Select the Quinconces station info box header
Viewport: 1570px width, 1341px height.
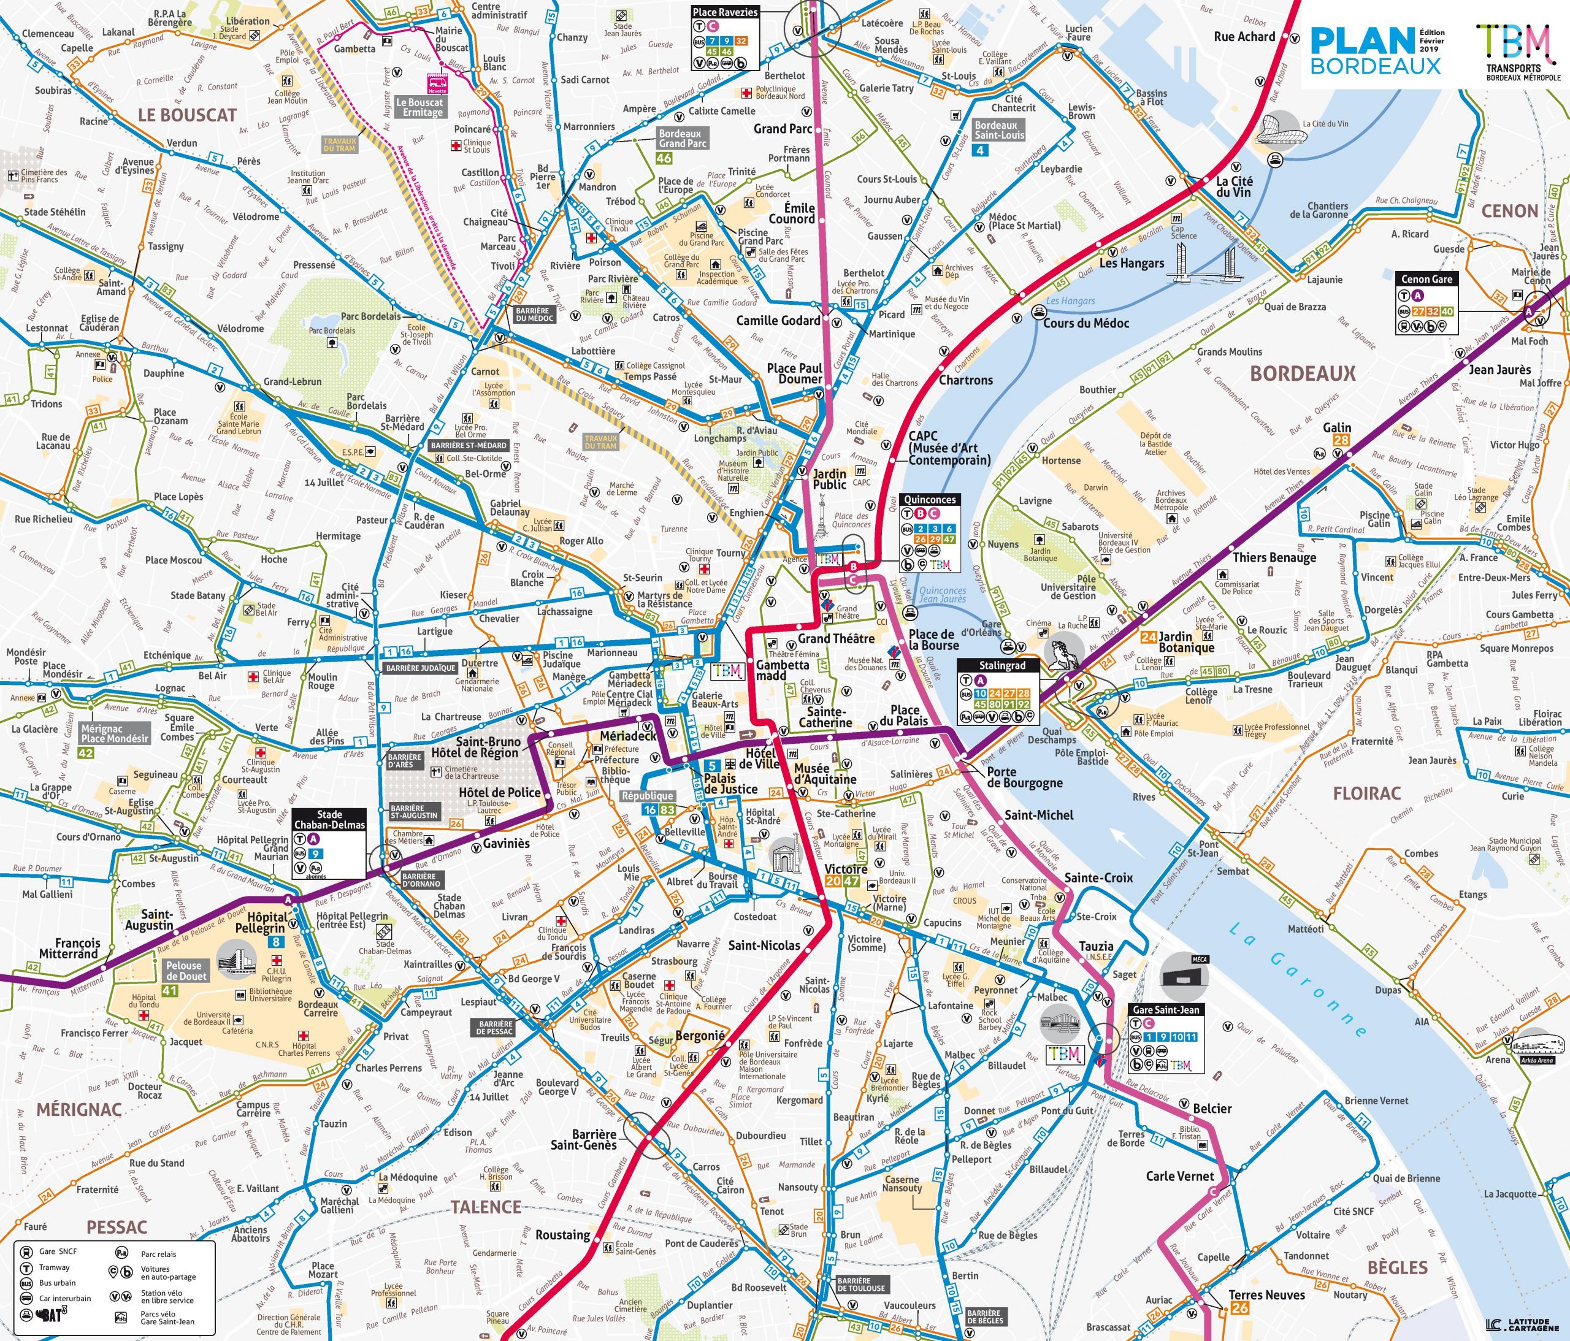[930, 500]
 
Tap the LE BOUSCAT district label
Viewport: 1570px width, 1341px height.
[187, 115]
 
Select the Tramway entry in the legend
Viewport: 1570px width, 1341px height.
[54, 1267]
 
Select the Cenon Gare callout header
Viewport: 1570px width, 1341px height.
[1426, 279]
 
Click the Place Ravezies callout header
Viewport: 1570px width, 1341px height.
[725, 12]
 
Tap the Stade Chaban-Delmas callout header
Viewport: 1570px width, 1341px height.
[329, 820]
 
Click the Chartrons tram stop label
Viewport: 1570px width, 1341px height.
[965, 380]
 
